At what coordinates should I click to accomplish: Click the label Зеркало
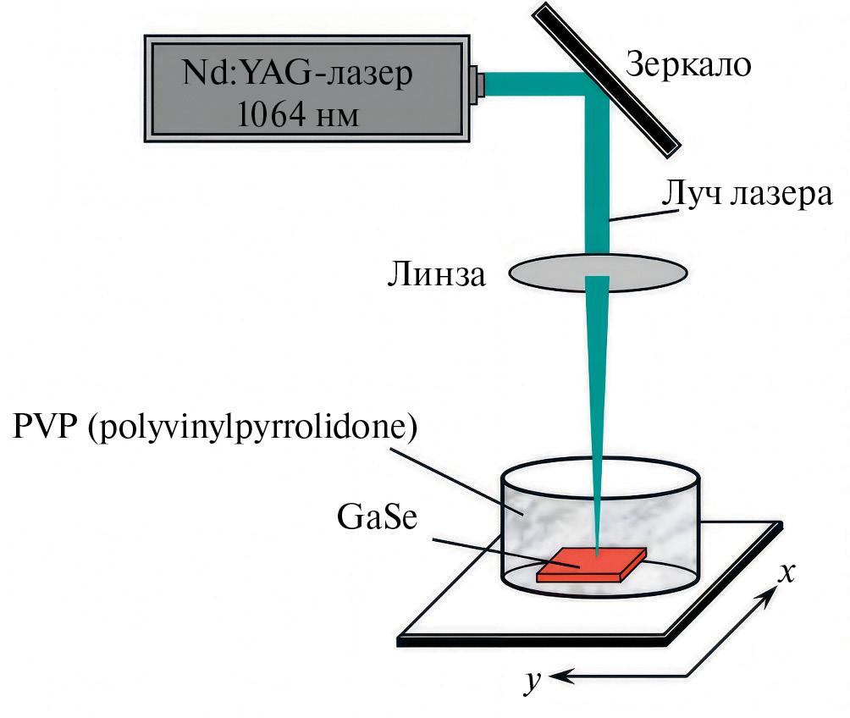click(687, 64)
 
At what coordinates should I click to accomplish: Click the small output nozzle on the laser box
click(480, 84)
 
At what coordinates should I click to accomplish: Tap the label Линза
click(435, 274)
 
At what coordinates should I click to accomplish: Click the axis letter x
click(787, 573)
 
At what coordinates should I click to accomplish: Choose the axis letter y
click(531, 682)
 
